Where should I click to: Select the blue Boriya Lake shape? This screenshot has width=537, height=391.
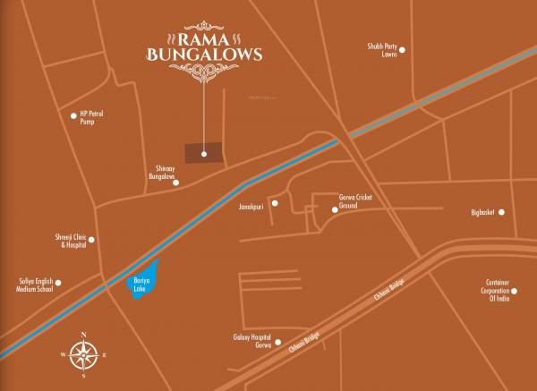tap(143, 282)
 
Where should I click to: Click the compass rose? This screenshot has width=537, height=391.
tap(83, 355)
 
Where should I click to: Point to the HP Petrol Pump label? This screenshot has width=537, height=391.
tap(93, 119)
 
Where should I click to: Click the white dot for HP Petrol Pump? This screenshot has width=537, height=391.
tap(73, 115)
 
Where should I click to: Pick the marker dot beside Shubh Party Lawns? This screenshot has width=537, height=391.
tap(402, 50)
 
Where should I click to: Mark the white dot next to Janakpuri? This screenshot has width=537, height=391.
tap(275, 204)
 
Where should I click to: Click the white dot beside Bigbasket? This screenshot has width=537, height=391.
tap(502, 212)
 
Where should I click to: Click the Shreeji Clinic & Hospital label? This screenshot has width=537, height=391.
tap(71, 241)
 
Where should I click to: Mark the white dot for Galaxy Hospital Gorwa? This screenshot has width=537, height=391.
tap(278, 341)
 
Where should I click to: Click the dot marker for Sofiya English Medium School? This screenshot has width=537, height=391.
tap(58, 283)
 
